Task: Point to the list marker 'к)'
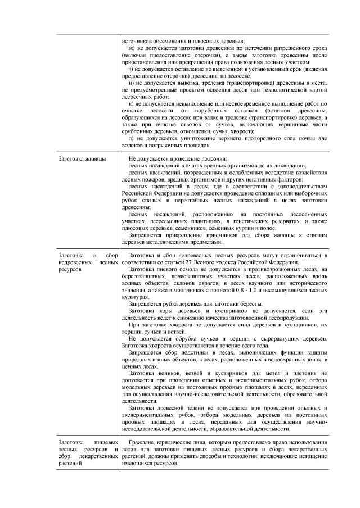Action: pos(131,104)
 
